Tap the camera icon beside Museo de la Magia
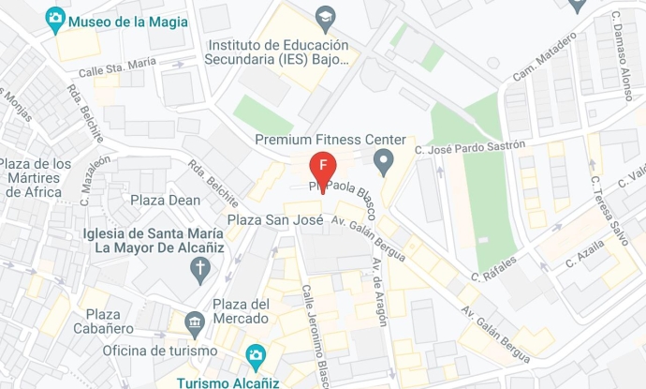pos(55,18)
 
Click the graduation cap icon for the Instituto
pos(325,17)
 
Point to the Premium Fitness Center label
pos(330,140)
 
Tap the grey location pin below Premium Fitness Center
pos(383,163)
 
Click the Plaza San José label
pos(275,220)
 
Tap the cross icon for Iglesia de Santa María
pos(199,271)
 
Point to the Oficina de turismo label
pos(160,350)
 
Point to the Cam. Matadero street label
pos(544,58)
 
